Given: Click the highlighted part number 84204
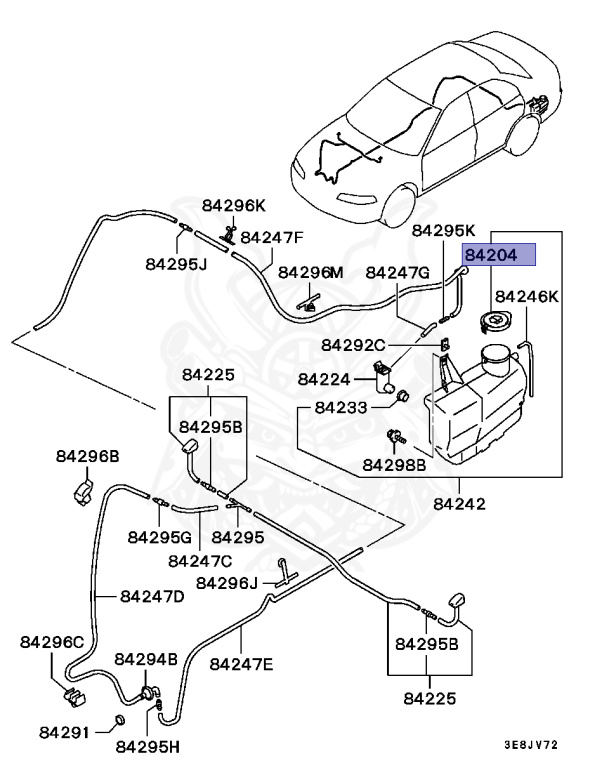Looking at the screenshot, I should (498, 255).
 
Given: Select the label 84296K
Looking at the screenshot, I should (234, 205).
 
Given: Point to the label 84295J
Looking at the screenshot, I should (175, 265).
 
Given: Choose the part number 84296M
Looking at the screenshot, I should (310, 272).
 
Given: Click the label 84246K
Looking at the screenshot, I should (527, 297).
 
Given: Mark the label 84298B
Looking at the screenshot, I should (394, 465).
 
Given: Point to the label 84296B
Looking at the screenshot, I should (86, 456).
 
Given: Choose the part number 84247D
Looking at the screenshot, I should (152, 597).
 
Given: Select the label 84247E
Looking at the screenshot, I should (241, 663).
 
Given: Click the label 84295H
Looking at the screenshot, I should (148, 745).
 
